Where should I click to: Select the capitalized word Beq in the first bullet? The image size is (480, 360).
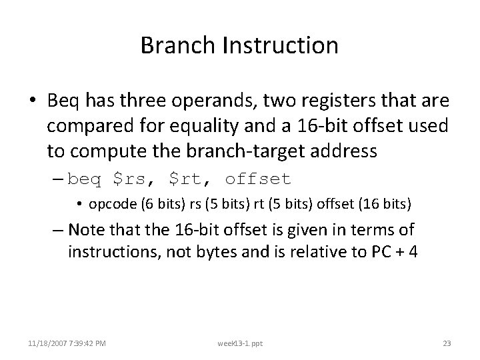[x=63, y=101]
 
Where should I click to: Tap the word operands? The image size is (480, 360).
[x=203, y=101]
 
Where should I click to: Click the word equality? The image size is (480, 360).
[x=209, y=126]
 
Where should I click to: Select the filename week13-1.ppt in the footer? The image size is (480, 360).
[x=240, y=343]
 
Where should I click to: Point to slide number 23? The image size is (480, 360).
[x=447, y=343]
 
